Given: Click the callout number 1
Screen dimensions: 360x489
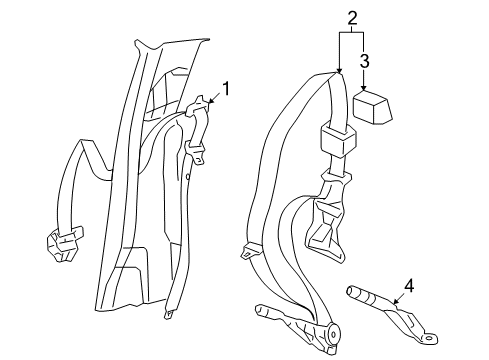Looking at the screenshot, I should click(226, 91).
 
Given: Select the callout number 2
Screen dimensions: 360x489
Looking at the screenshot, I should click(351, 17).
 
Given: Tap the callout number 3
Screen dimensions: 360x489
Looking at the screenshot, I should click(365, 61).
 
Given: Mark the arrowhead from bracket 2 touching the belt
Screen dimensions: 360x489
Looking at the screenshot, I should click(340, 72).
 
